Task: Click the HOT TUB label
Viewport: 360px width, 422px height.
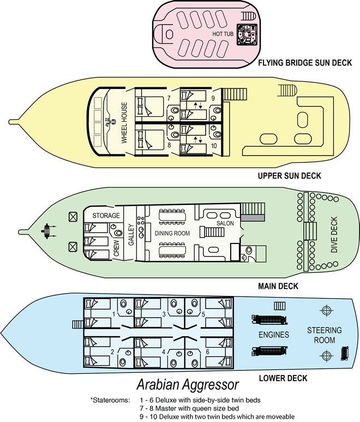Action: (x=223, y=34)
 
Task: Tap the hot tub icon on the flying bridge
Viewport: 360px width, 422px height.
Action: (x=246, y=36)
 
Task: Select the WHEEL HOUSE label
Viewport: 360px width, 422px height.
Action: (x=124, y=123)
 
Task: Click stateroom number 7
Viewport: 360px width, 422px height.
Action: (x=169, y=98)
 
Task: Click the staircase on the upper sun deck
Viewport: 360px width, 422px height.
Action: (x=286, y=92)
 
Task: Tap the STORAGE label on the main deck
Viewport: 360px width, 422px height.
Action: (x=106, y=215)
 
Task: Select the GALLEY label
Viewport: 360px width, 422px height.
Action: (x=130, y=234)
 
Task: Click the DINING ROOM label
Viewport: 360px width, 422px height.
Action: (x=171, y=233)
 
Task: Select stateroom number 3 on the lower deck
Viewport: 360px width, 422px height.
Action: (x=164, y=314)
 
